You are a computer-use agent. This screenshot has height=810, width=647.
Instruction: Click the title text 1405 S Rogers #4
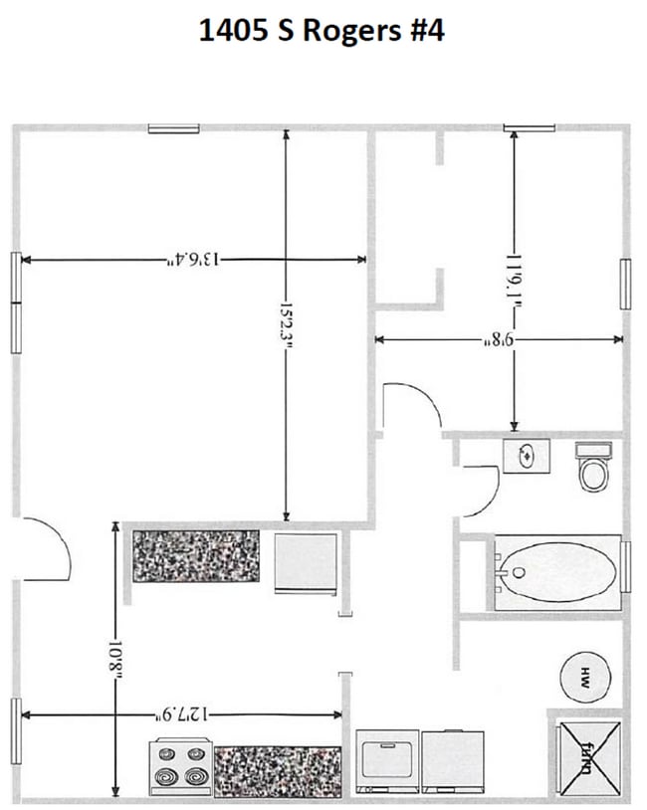tap(321, 30)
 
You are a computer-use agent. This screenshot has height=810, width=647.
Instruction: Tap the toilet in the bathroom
tap(593, 468)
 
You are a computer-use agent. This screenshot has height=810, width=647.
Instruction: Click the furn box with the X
tap(588, 753)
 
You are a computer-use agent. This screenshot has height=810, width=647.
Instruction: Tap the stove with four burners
tap(181, 765)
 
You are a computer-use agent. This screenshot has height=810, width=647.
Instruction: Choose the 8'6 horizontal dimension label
tap(497, 339)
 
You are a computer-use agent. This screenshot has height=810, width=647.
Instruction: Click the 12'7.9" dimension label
tap(182, 713)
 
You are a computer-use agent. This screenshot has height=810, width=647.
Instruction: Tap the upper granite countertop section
tap(196, 555)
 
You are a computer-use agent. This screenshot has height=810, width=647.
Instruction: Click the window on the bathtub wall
tap(625, 567)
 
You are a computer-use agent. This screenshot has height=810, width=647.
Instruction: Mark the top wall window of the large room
tap(173, 127)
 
